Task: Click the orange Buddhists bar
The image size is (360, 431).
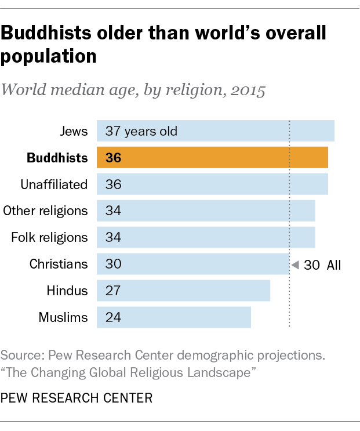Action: point(212,158)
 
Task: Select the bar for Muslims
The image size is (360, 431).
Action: point(174,317)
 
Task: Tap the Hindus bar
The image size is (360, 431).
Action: point(183,291)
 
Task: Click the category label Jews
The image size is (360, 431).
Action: point(74,131)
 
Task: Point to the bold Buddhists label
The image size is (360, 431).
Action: point(57,158)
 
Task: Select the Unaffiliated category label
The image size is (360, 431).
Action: point(54,184)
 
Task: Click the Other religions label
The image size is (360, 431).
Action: point(46,211)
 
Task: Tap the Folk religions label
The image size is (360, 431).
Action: point(50,237)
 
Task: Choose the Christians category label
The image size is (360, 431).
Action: point(59,264)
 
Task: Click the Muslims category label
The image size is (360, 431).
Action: point(63,317)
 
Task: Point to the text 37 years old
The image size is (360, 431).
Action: point(141,131)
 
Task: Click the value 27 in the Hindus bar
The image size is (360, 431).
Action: point(112,291)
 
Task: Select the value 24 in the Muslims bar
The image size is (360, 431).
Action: point(112,317)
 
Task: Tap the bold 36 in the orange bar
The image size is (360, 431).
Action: point(113,158)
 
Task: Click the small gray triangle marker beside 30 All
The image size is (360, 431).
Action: point(294,265)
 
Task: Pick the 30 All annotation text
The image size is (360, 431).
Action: point(323,265)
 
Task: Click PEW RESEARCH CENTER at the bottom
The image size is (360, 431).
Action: point(77,398)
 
